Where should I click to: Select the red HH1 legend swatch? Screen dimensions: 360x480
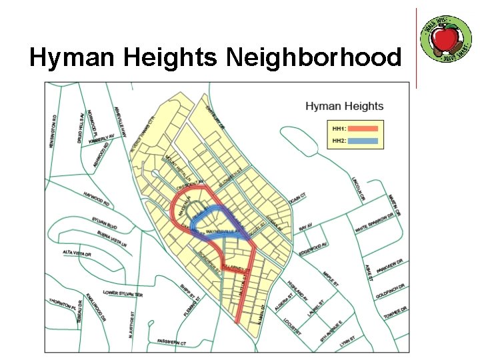(362, 128)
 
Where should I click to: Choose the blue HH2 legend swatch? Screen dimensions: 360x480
(362, 141)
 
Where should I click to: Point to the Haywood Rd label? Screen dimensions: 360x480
(96, 198)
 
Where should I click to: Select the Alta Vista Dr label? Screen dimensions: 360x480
(77, 253)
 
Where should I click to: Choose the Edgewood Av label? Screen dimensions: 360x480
(313, 247)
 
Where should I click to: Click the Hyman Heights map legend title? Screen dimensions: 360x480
(344, 106)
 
